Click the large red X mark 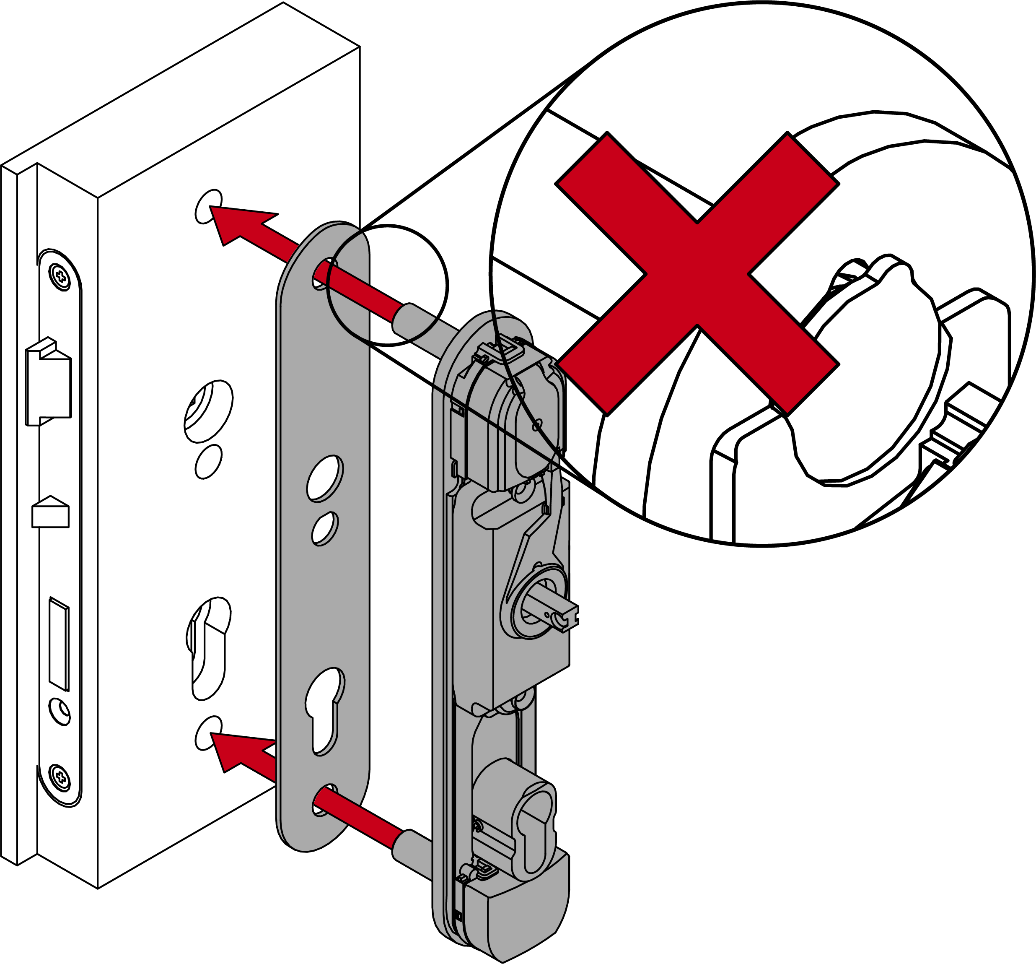(x=697, y=274)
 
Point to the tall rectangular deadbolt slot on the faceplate (x=58, y=644)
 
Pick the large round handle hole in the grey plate (x=325, y=478)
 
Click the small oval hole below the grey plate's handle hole (x=325, y=528)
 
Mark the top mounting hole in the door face (x=208, y=206)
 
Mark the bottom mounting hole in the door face (x=208, y=733)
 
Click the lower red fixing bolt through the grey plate (x=360, y=818)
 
